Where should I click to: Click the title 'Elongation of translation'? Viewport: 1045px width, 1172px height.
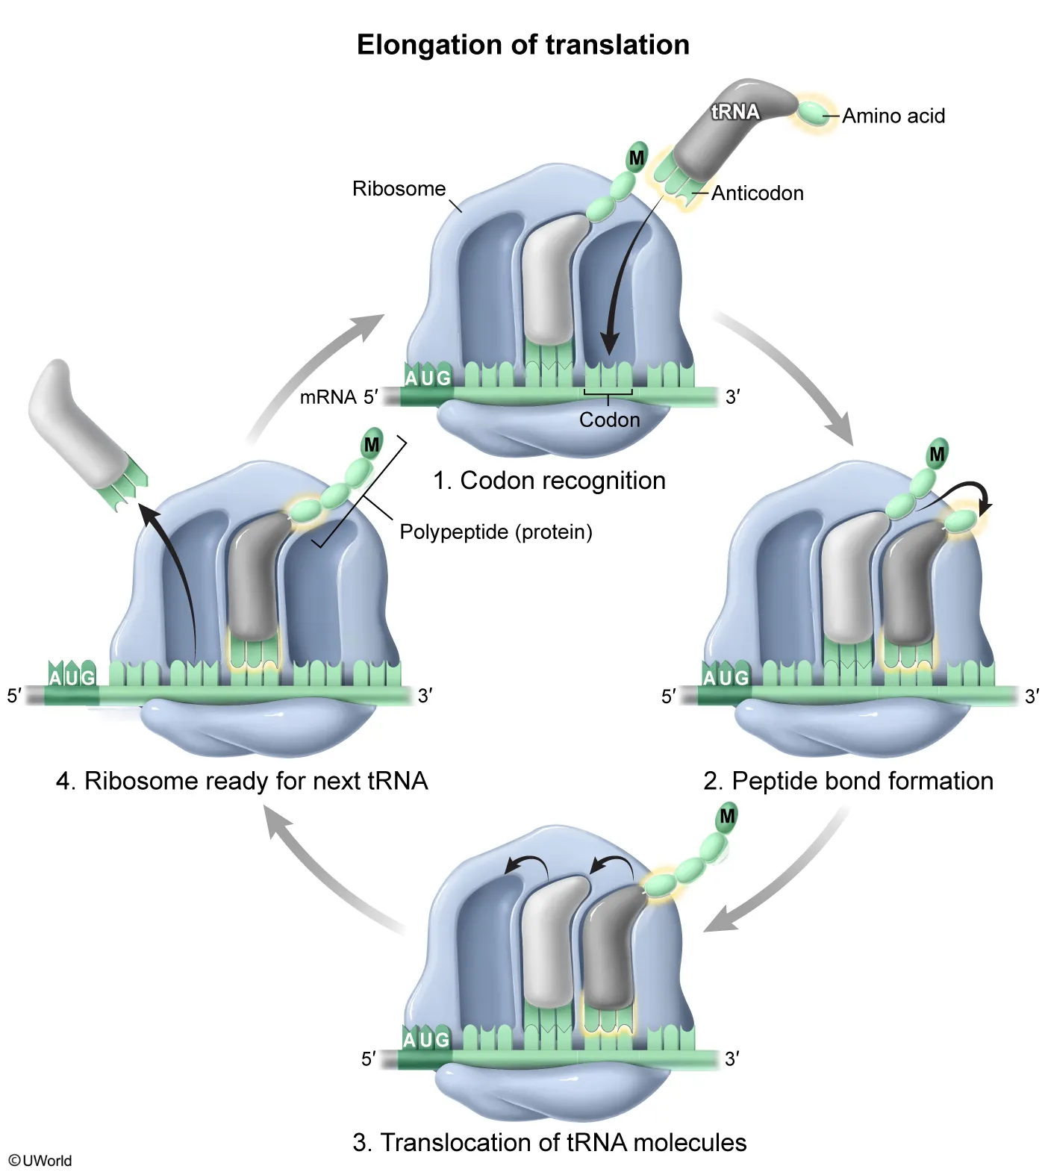pos(522,45)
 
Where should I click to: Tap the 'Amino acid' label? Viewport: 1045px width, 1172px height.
pos(893,116)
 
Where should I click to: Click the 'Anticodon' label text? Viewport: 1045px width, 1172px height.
pos(757,193)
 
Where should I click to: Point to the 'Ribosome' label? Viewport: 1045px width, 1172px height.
pos(399,189)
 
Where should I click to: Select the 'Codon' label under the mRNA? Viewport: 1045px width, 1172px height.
pos(609,420)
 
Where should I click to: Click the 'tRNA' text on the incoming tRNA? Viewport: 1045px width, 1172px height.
pos(735,112)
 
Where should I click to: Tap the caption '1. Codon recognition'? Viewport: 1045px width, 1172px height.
pos(549,481)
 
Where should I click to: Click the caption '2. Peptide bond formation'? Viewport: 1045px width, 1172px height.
pos(848,781)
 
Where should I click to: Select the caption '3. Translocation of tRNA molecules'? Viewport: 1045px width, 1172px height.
pos(549,1143)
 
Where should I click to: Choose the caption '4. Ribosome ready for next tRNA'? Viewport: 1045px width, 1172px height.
pos(242,781)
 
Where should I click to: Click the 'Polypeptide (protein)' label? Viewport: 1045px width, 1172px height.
pos(496,532)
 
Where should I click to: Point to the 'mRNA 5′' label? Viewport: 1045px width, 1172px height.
pos(338,397)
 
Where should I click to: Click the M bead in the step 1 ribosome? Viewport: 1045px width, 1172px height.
pos(637,158)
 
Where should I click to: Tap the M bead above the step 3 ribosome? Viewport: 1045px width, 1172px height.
pos(727,817)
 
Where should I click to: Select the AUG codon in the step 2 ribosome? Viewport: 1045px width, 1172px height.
pos(726,678)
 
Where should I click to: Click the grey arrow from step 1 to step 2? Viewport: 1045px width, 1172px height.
pos(791,373)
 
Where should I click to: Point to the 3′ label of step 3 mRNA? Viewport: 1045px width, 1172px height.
pos(731,1059)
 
